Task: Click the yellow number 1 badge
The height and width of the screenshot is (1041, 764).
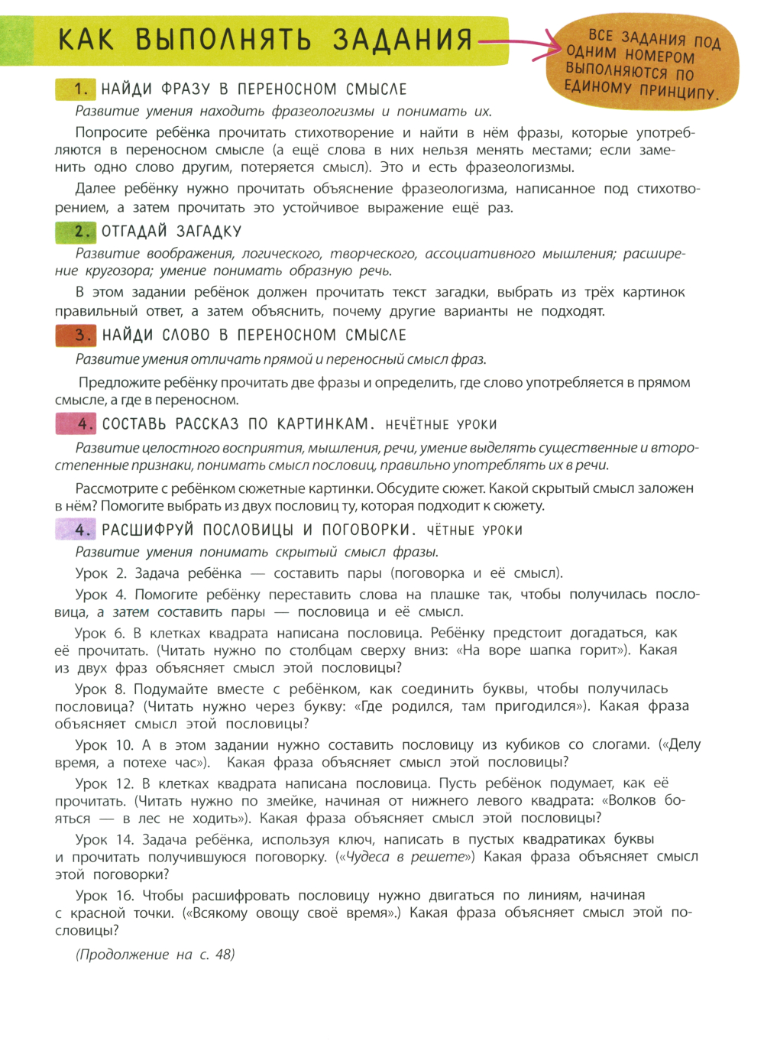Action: click(76, 89)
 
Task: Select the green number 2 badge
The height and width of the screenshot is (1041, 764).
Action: click(76, 232)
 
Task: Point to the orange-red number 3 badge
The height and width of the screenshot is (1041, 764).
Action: click(76, 336)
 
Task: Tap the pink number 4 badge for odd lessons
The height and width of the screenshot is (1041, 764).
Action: click(76, 424)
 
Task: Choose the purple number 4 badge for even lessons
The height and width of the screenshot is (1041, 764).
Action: click(76, 530)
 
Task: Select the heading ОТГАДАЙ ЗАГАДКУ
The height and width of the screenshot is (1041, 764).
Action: click(172, 232)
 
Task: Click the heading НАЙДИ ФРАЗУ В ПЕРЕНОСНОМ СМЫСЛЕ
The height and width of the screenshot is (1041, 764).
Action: click(254, 89)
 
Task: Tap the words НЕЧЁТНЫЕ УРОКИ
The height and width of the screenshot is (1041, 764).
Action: click(441, 425)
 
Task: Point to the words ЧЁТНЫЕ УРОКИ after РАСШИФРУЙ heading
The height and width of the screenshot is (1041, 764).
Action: click(474, 530)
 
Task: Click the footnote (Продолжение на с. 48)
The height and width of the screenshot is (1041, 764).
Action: click(155, 955)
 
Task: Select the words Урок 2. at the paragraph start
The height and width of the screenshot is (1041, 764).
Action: click(101, 573)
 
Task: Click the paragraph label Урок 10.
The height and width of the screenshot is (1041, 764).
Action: click(104, 745)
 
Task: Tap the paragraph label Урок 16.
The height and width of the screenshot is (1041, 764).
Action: click(104, 896)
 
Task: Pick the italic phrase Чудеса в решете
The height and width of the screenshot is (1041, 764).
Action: click(406, 857)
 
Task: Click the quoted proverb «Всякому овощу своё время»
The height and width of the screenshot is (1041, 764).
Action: click(291, 913)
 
